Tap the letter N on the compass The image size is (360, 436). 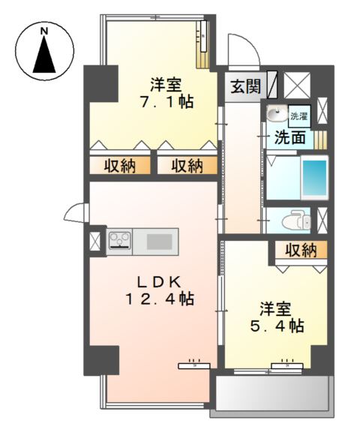pos(45,31)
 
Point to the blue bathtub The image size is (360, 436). pos(316,179)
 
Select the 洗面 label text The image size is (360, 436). pos(289,137)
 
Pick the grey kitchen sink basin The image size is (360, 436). pos(158,241)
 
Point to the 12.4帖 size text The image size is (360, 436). pos(159,299)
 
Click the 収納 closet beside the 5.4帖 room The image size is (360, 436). pos(300,250)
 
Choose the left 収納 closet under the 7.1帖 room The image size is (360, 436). pos(119,165)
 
